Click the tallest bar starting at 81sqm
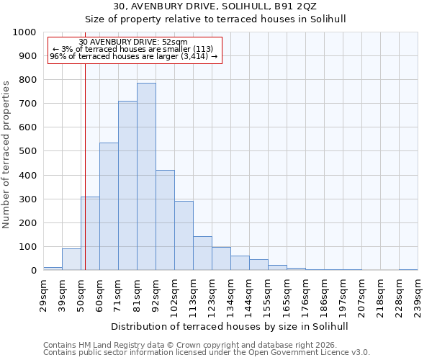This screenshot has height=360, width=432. (x=146, y=176)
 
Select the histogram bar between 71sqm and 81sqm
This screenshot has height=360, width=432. (x=127, y=186)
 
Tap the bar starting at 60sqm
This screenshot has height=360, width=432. (x=109, y=207)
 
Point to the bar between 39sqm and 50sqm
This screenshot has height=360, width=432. (x=71, y=259)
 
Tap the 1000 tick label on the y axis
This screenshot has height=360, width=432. (x=24, y=32)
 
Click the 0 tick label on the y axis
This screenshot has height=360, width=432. (x=34, y=271)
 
